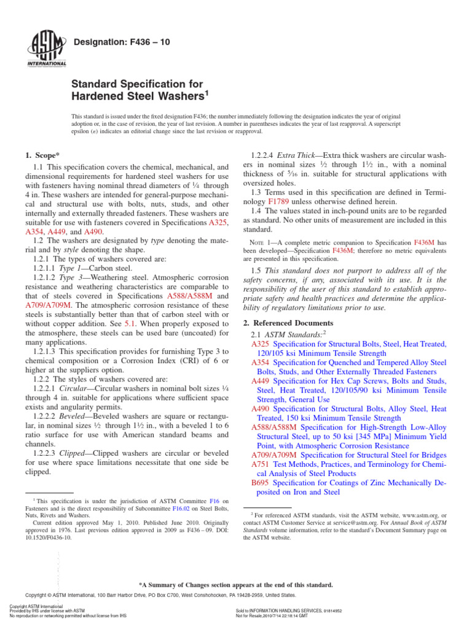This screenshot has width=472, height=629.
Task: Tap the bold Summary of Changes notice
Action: pos(236,585)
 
